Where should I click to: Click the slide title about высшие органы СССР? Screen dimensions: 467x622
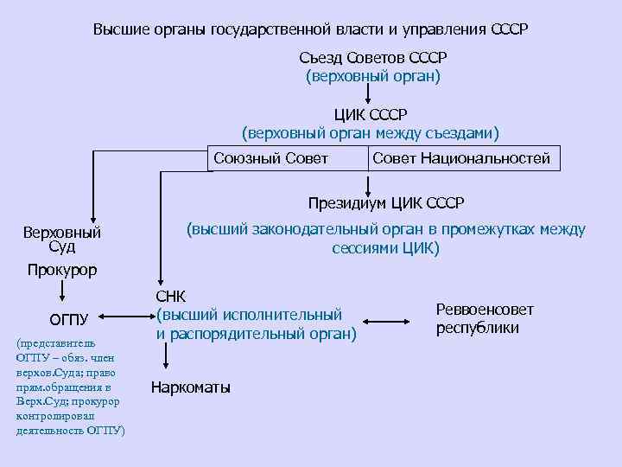(x=311, y=29)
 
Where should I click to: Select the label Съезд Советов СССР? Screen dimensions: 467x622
(x=373, y=58)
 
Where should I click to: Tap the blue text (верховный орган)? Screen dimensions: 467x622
(x=373, y=76)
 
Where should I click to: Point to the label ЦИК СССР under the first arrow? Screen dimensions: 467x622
(x=371, y=115)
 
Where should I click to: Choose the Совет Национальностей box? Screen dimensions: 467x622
(x=461, y=158)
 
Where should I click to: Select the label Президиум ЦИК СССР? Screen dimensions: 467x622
(x=386, y=203)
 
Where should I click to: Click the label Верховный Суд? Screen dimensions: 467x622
(x=62, y=240)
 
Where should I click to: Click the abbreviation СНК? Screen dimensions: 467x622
(x=170, y=297)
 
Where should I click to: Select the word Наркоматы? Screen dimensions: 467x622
(x=191, y=387)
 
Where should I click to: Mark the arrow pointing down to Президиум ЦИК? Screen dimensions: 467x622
(x=369, y=183)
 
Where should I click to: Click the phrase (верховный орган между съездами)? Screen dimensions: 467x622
(x=371, y=133)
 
